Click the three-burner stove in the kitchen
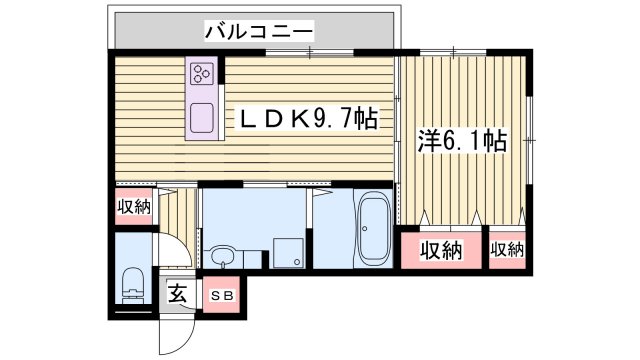point(203,73)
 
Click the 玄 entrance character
point(177,295)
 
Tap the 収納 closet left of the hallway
point(133,208)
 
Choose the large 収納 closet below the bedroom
point(440,250)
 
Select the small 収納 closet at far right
point(508,250)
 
